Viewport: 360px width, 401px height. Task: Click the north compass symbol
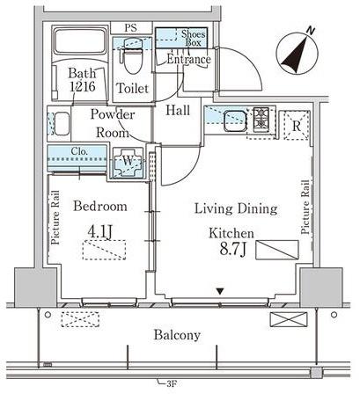pos(297,52)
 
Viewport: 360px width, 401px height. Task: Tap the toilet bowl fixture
pos(133,56)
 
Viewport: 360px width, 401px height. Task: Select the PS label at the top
pos(130,28)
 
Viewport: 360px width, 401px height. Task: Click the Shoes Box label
pos(193,38)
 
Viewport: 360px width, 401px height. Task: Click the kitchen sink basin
pos(235,121)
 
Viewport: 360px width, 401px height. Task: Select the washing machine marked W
pos(128,162)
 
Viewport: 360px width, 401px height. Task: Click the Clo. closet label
pos(79,151)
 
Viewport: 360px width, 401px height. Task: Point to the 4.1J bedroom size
pos(99,232)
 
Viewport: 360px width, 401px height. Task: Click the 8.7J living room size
pos(232,250)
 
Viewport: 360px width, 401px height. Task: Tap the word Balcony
pos(178,334)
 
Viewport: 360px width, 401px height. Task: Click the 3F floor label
pos(172,383)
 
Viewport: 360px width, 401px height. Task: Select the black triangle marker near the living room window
pos(220,291)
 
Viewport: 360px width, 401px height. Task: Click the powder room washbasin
pos(62,124)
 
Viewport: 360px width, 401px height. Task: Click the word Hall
pos(178,110)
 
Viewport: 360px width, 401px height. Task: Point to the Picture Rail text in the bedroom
pos(55,217)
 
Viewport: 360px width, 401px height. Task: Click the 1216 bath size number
pos(83,86)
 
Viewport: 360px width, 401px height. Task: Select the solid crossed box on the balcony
pos(289,319)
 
